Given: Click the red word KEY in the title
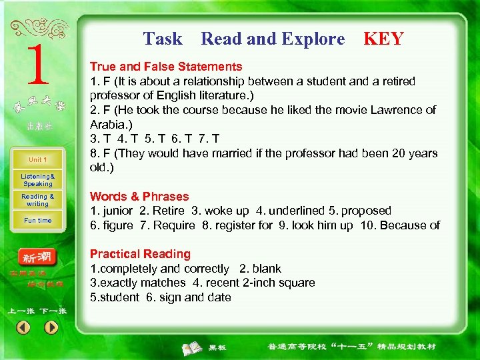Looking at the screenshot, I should [383, 39].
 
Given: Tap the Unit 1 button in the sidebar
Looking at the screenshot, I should [37, 160].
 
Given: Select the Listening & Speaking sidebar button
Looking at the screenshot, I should [37, 180].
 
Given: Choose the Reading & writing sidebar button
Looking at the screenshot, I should [37, 200].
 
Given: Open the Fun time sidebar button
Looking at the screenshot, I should [37, 220].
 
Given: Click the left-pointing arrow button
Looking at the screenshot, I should [23, 327].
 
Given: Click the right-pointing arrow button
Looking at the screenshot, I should [51, 327].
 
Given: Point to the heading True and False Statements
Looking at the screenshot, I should [166, 67].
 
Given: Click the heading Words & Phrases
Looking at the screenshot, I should [139, 197].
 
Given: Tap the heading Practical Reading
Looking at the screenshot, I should [140, 254].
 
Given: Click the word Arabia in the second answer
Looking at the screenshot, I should [107, 124].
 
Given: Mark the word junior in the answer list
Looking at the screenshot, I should [116, 211].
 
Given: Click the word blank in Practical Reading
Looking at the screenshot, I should [267, 269].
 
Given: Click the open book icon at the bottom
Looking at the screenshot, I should [193, 347].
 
